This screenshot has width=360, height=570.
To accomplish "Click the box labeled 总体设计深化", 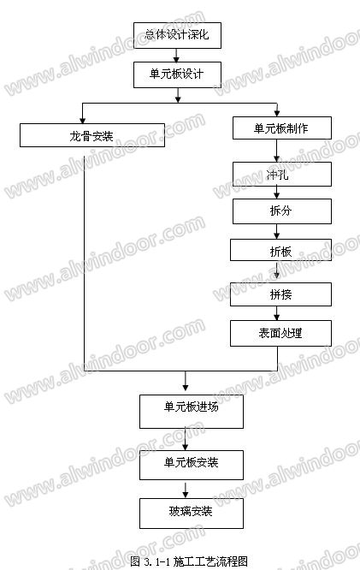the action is pos(177,35).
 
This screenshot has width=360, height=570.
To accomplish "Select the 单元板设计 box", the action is pos(177,74).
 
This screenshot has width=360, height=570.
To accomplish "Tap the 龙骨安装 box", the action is pos(92,135).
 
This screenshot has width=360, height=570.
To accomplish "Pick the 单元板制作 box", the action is pos(282,128).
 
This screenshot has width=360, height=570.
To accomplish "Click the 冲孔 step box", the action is pos(282,174).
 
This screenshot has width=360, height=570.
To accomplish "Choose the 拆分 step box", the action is pos(282,211).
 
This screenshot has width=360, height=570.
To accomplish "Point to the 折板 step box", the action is pos(280,250).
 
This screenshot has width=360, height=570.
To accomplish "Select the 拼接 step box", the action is pos(280,294).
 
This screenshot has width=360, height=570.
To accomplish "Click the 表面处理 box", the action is pos(280,333).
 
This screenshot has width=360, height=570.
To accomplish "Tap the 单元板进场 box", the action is pos(192,412).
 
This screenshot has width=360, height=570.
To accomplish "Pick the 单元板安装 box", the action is pos(192,465).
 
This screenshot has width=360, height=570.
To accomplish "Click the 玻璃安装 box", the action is pos(192,514).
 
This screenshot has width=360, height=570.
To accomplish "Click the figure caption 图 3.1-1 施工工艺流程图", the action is pos(189,561).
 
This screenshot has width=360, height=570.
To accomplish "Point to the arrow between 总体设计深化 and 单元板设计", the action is pos(176,56).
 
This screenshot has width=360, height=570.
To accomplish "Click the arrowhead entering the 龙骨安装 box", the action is pos(82,121).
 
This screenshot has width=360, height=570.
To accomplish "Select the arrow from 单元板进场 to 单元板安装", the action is pos(186,439).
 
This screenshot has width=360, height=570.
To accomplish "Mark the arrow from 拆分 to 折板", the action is pos(276,232).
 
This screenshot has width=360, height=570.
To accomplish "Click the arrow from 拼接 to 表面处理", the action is pos(276,313).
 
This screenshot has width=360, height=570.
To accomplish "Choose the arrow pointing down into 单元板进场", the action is pos(186,381).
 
